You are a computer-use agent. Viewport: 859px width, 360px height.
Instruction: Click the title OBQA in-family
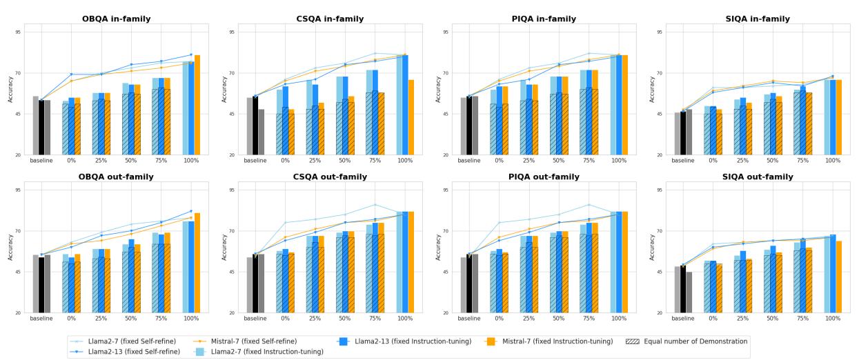pyautogui.click(x=116, y=19)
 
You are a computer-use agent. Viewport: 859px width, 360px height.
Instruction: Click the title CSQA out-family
pyautogui.click(x=330, y=177)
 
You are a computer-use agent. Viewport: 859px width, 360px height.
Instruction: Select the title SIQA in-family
pyautogui.click(x=758, y=19)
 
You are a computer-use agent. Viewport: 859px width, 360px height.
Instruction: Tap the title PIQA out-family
pyautogui.click(x=544, y=177)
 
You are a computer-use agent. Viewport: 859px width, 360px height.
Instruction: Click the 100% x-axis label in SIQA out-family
pyautogui.click(x=833, y=319)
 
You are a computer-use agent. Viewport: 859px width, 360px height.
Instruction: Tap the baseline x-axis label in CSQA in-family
pyautogui.click(x=255, y=161)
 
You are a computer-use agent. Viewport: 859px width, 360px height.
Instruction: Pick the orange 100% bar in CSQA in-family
pyautogui.click(x=411, y=117)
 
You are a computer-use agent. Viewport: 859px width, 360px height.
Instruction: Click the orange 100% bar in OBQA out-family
pyautogui.click(x=197, y=263)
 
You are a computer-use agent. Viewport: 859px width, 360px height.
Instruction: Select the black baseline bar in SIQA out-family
pyautogui.click(x=683, y=289)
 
